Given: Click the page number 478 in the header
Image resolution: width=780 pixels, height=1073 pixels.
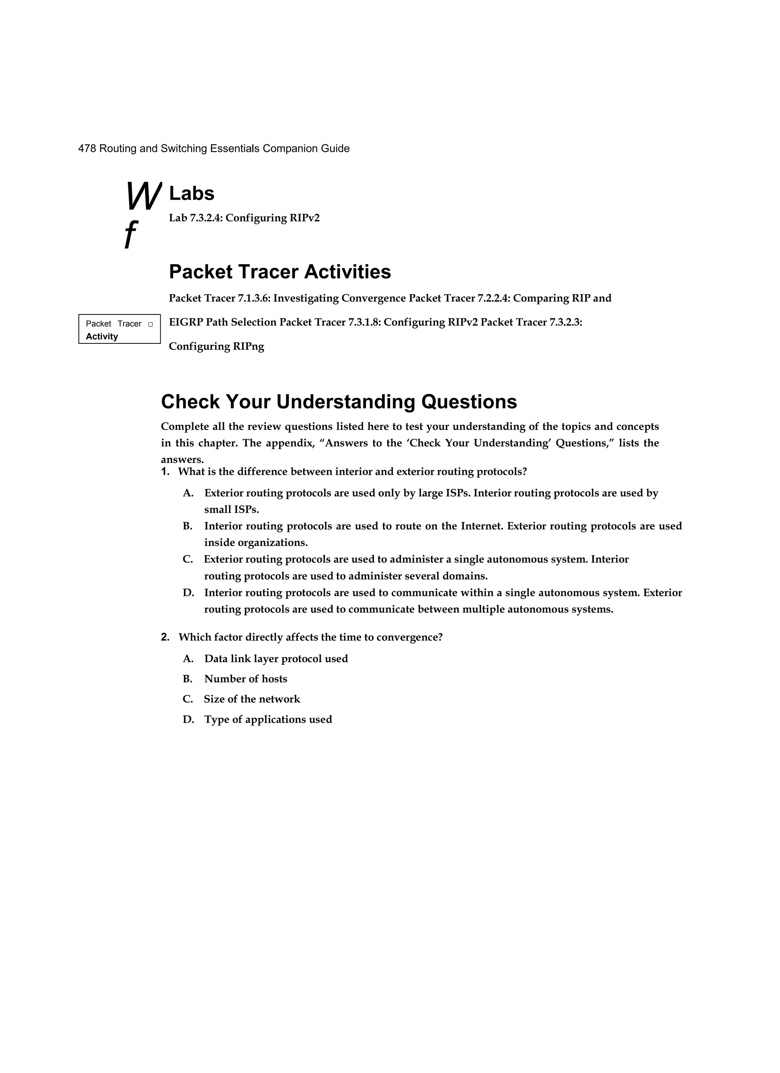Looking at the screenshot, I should click(87, 148).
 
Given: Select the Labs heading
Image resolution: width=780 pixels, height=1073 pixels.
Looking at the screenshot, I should click(192, 193).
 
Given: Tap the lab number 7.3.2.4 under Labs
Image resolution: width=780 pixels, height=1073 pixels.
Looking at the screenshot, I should click(206, 218).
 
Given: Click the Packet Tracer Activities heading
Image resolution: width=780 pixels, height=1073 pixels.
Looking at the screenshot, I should click(280, 272).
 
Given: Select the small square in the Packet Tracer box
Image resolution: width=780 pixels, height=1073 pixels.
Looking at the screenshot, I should click(150, 324).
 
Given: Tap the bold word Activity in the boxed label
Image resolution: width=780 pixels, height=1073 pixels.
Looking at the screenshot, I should click(102, 336).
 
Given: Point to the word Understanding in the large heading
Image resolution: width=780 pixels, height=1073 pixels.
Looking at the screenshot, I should click(345, 402).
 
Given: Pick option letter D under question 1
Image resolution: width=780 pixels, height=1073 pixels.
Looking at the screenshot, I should click(188, 593).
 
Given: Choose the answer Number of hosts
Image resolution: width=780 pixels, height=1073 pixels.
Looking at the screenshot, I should click(246, 679).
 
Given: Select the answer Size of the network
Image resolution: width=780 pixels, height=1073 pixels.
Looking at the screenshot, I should click(252, 699).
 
